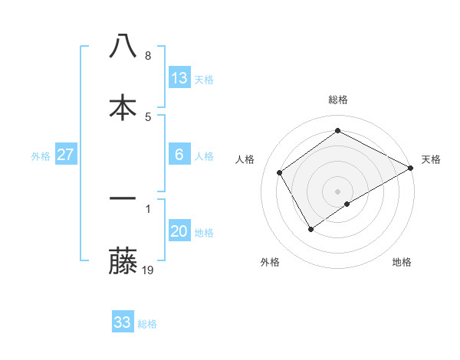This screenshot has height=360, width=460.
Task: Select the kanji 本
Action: [x=123, y=107]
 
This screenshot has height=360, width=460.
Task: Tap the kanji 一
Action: [x=123, y=198]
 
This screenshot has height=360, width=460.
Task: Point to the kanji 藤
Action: [x=123, y=260]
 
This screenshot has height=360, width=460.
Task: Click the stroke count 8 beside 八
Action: [x=148, y=56]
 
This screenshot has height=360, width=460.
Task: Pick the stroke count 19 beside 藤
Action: [x=149, y=270]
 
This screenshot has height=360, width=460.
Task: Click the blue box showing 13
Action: [x=179, y=78]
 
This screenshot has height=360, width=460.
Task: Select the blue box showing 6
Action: [x=179, y=155]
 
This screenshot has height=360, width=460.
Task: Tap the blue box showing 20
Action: [x=179, y=231]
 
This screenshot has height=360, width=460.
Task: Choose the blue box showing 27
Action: [x=66, y=155]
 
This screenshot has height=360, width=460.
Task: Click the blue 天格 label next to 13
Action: [x=204, y=79]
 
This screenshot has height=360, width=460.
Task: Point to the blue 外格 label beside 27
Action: [x=41, y=155]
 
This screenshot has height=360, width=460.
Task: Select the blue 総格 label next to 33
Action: [x=147, y=323]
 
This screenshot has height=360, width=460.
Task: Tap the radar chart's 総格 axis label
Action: [x=338, y=100]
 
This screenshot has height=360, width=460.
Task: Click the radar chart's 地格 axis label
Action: [x=402, y=262]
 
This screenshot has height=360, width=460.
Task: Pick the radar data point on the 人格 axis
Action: [x=280, y=172]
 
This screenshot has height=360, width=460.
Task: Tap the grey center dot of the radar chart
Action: [x=338, y=191]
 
